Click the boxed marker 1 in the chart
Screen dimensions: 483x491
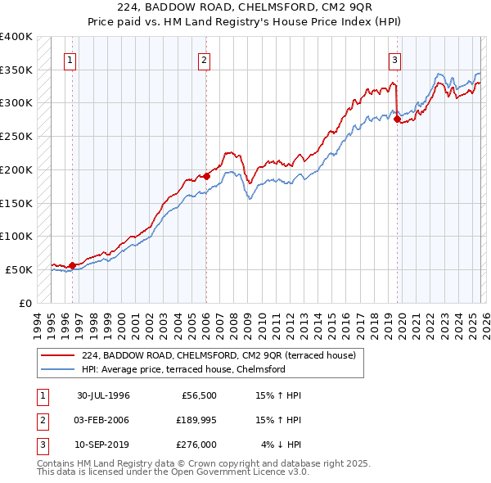pyautogui.click(x=71, y=59)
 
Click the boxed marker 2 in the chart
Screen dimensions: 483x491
pyautogui.click(x=204, y=59)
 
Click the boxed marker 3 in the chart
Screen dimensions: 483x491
pyautogui.click(x=394, y=59)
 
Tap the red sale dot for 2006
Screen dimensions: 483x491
pyautogui.click(x=206, y=176)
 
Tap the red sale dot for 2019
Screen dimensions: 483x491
pyautogui.click(x=397, y=119)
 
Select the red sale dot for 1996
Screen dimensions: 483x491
pyautogui.click(x=72, y=264)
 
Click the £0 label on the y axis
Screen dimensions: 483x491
pyautogui.click(x=24, y=303)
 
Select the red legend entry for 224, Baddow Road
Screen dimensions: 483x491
pyautogui.click(x=218, y=355)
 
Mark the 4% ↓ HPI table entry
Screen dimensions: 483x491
pyautogui.click(x=282, y=445)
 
